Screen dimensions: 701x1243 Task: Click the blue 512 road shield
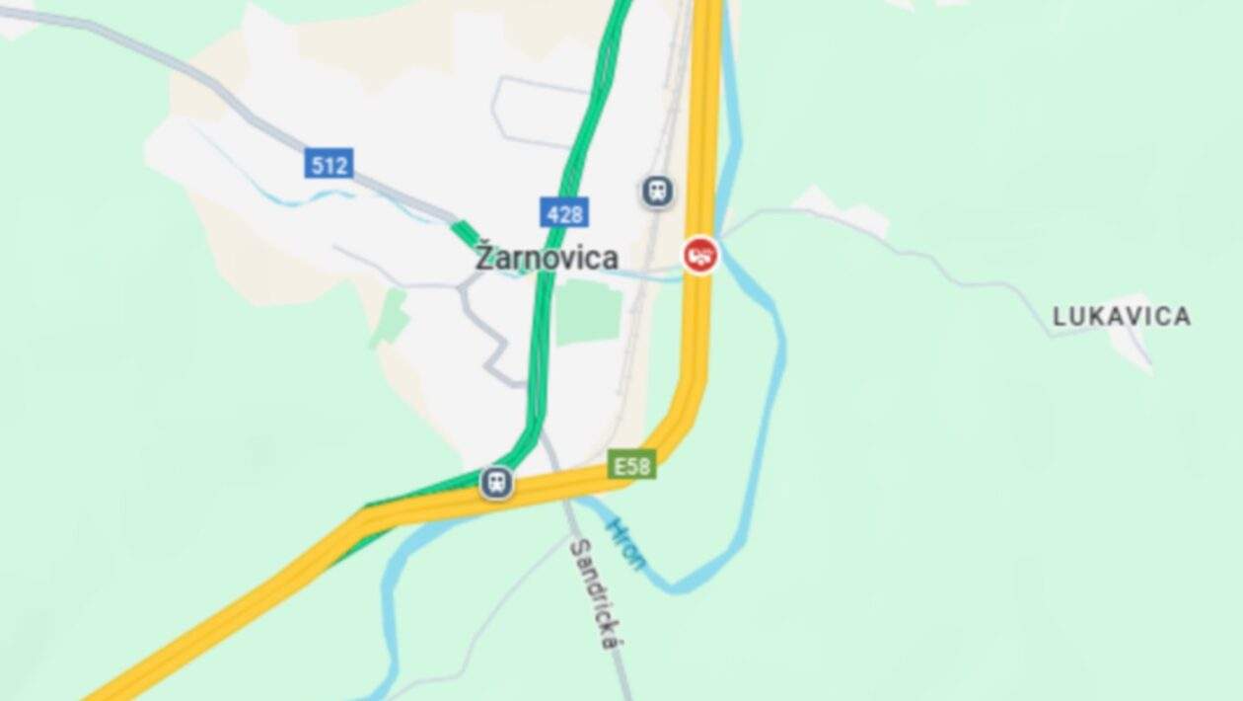(329, 164)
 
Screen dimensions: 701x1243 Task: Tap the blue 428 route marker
(564, 212)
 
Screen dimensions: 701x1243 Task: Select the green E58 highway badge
(631, 465)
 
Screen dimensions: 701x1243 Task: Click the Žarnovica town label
(548, 258)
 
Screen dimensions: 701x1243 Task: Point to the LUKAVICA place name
(1122, 317)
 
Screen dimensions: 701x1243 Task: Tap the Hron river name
(625, 542)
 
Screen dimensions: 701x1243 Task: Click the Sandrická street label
(594, 592)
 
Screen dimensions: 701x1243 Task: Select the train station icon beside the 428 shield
(657, 191)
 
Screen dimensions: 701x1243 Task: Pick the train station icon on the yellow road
(497, 483)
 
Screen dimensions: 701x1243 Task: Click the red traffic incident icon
(700, 256)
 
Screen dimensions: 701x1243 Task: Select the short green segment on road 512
(465, 233)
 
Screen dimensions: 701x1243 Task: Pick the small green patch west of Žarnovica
(392, 316)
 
